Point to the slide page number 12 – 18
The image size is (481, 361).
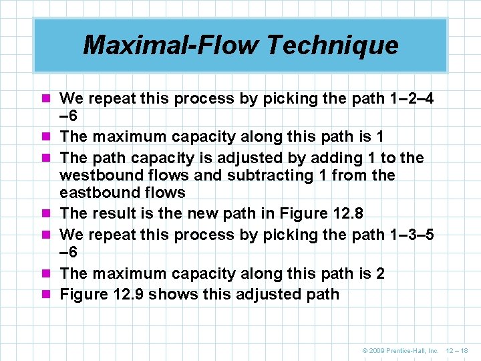456,350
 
